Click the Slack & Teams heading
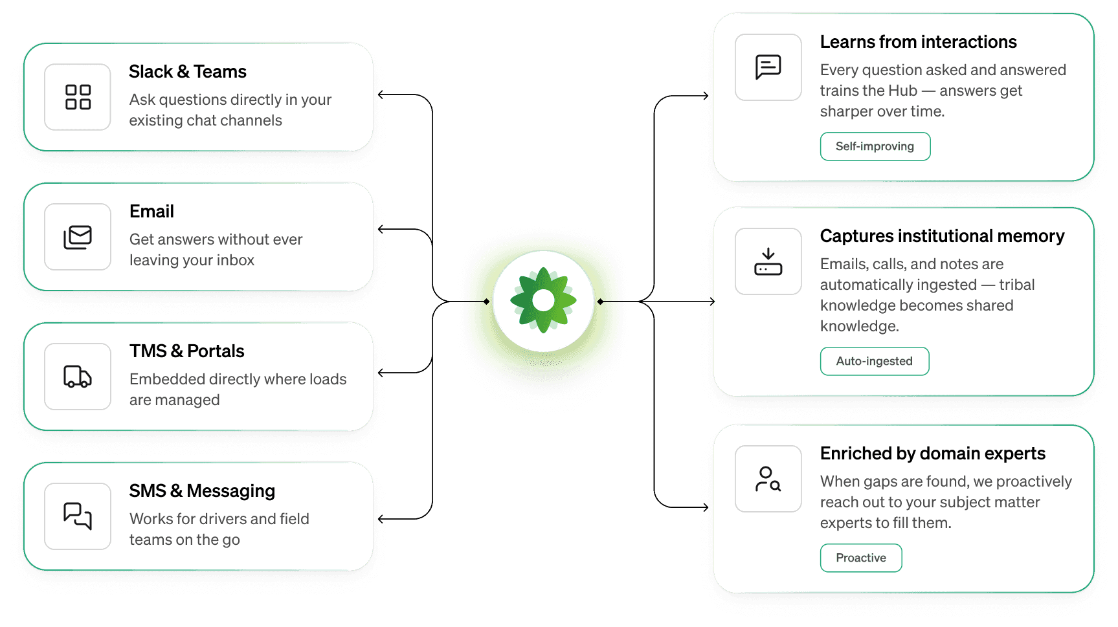187,72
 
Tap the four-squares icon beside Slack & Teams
78,97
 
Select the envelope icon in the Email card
78,237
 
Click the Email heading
151,212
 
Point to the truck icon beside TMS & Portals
78,377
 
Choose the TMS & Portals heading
186,351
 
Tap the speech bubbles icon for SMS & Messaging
78,516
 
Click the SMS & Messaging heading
202,491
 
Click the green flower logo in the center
543,300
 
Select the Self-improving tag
875,146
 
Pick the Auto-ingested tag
874,361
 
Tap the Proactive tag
860,558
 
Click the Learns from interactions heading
918,42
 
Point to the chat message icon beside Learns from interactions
768,67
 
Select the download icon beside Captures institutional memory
768,261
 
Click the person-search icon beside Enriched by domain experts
768,479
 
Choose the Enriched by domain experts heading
932,454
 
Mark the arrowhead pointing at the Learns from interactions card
706,96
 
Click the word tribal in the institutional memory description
1016,285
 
